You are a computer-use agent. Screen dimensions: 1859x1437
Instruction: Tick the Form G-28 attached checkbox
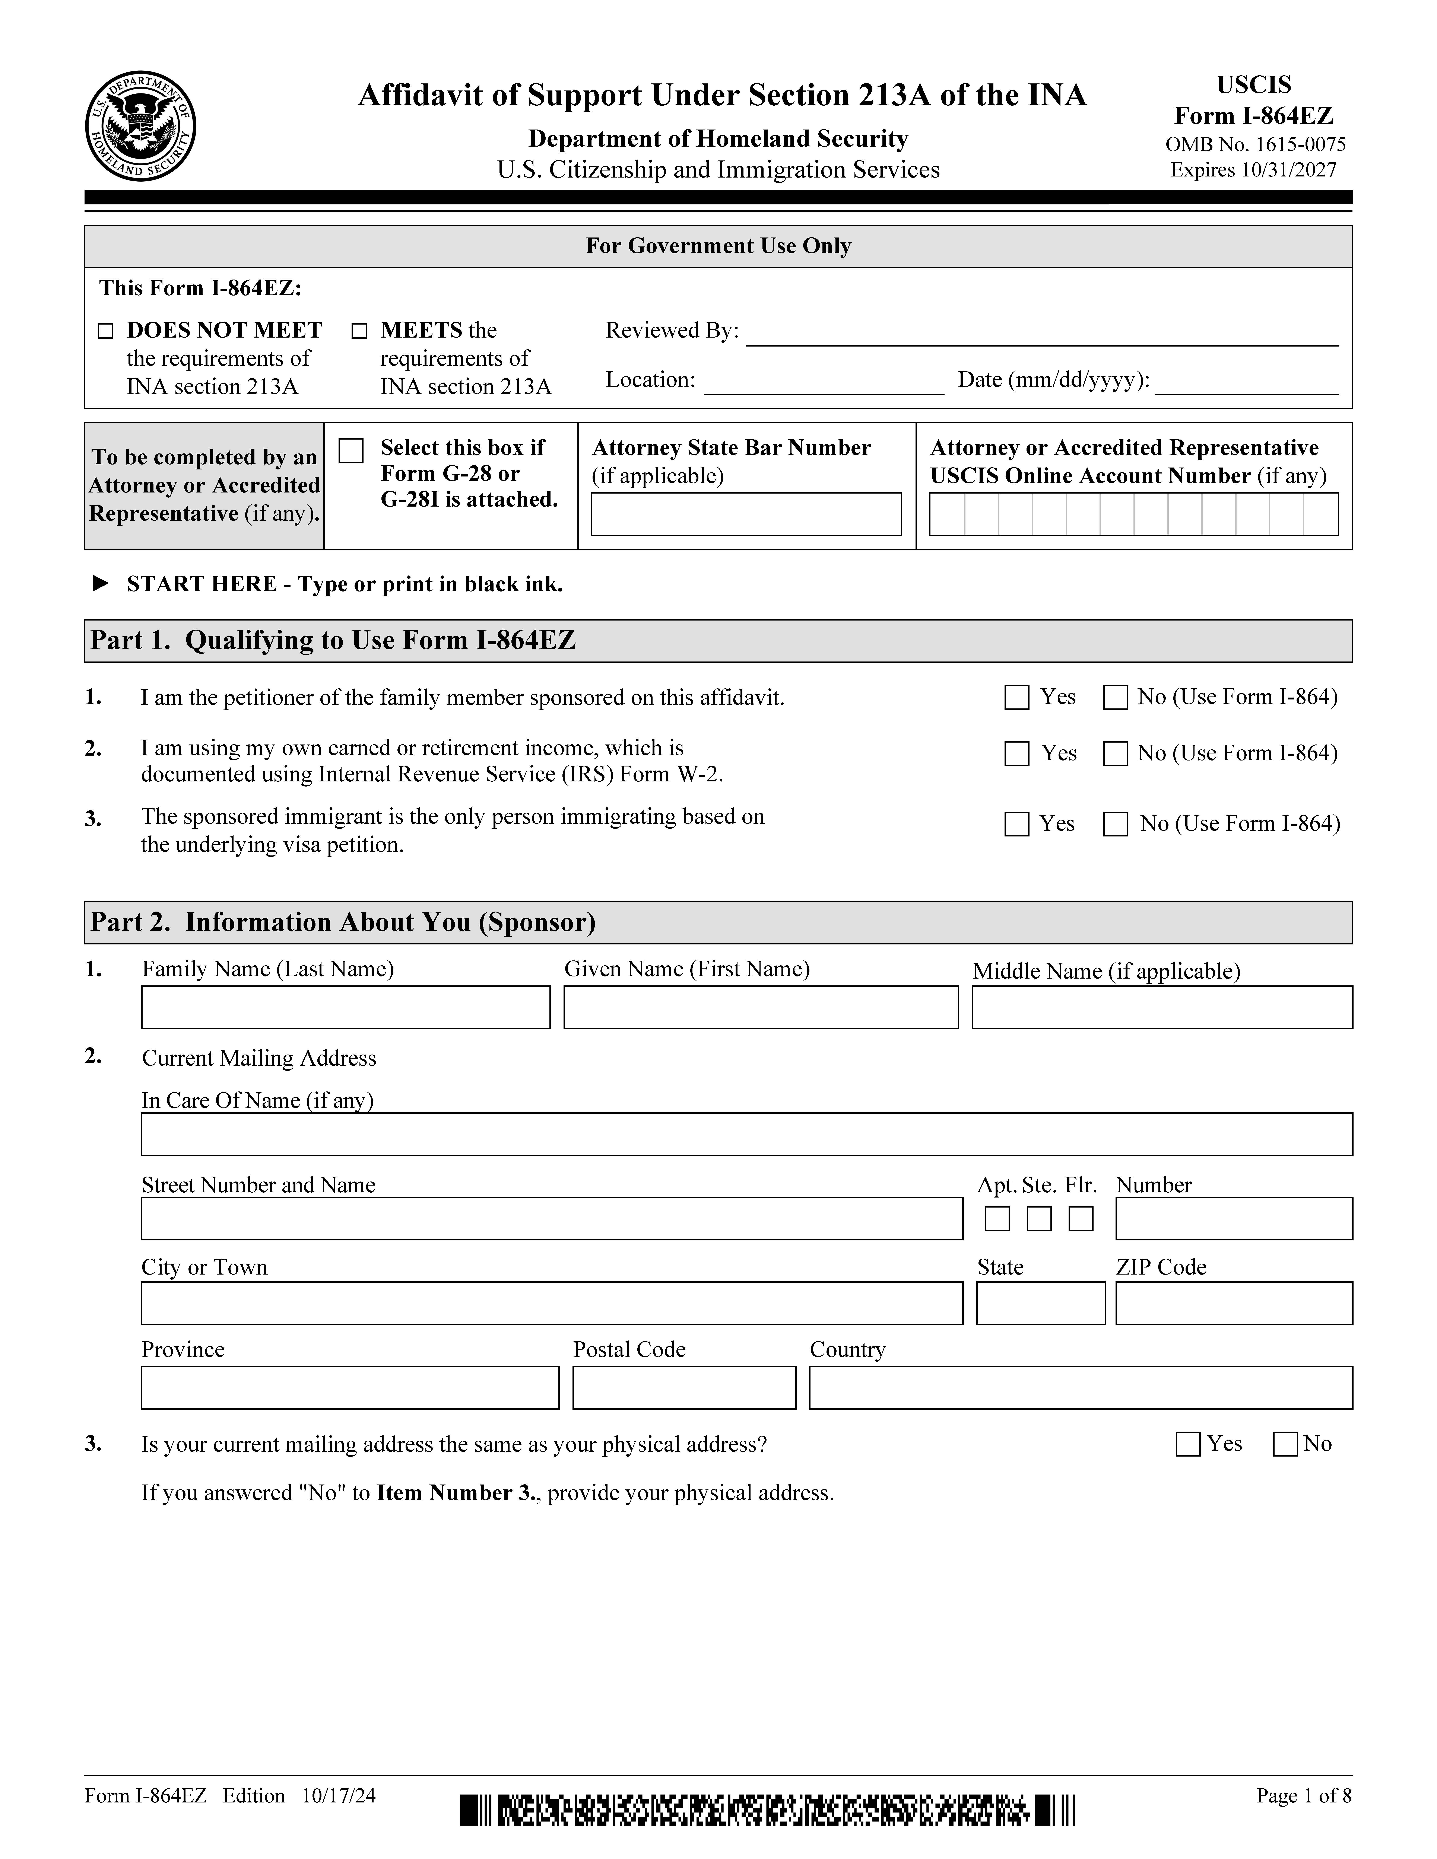(351, 450)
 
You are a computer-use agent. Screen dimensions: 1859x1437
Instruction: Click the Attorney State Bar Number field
(746, 514)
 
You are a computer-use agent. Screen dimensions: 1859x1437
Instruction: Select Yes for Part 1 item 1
(1016, 698)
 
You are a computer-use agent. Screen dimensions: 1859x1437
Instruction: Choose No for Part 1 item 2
(1115, 754)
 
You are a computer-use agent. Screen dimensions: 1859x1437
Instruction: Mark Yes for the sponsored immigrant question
(1016, 824)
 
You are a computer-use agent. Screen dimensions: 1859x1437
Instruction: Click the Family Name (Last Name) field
(346, 1007)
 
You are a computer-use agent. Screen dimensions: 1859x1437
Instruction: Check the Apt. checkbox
(997, 1219)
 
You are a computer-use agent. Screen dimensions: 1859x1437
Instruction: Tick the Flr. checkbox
(1080, 1219)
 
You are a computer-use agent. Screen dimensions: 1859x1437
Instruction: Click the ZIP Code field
(1234, 1303)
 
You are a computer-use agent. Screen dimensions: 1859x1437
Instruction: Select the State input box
(1040, 1303)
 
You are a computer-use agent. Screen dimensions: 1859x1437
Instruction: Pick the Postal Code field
(683, 1387)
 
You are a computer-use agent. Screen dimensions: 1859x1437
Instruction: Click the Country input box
(1080, 1387)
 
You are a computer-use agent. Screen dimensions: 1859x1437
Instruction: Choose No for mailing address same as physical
(1285, 1444)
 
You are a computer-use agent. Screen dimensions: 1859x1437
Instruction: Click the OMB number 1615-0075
(1255, 145)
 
